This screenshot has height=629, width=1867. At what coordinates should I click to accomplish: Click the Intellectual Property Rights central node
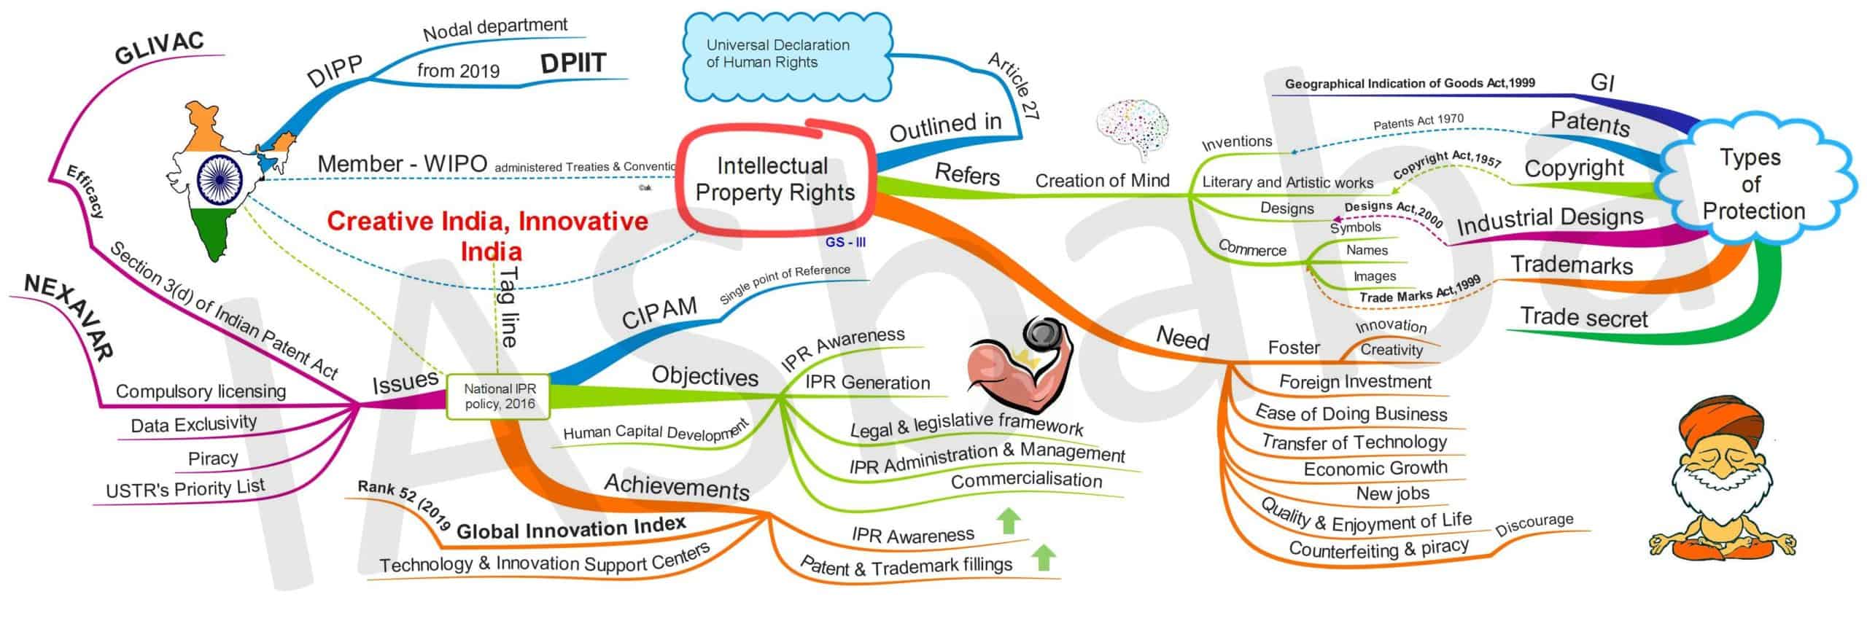pos(775,179)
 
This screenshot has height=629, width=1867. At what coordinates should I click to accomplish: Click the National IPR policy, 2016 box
pos(500,396)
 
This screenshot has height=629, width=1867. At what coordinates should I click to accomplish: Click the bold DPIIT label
pos(573,64)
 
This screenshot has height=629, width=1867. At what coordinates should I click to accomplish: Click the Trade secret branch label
pos(1583,318)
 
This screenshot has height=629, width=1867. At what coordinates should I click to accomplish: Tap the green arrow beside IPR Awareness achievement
pos(1009,521)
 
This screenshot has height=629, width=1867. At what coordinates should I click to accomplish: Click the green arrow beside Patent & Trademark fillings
pos(1044,557)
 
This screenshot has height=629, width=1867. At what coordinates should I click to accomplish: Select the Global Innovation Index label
pos(570,528)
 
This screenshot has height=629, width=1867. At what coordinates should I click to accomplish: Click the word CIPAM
pos(659,313)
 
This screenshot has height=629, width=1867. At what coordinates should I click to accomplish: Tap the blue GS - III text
pos(845,243)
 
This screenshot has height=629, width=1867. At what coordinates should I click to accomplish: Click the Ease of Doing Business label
pos(1351,413)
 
